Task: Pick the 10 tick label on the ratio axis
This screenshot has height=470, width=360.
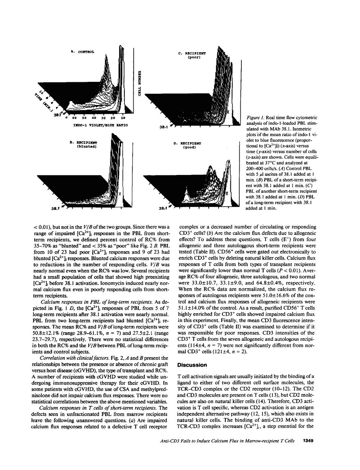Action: point(123,118)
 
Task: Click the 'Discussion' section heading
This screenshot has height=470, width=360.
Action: point(192,365)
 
